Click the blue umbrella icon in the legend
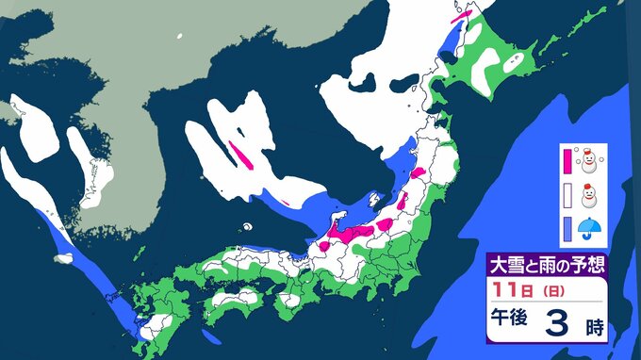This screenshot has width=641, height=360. point(590,228)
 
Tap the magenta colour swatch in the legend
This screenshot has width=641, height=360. point(567,162)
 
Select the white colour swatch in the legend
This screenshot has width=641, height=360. point(567,196)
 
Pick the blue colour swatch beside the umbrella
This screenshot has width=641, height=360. point(567,228)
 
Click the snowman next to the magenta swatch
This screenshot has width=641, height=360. point(590,161)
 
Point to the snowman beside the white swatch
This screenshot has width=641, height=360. point(590,196)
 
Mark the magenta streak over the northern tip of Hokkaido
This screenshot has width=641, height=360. point(461,14)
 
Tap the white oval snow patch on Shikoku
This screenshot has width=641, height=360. point(232,303)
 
